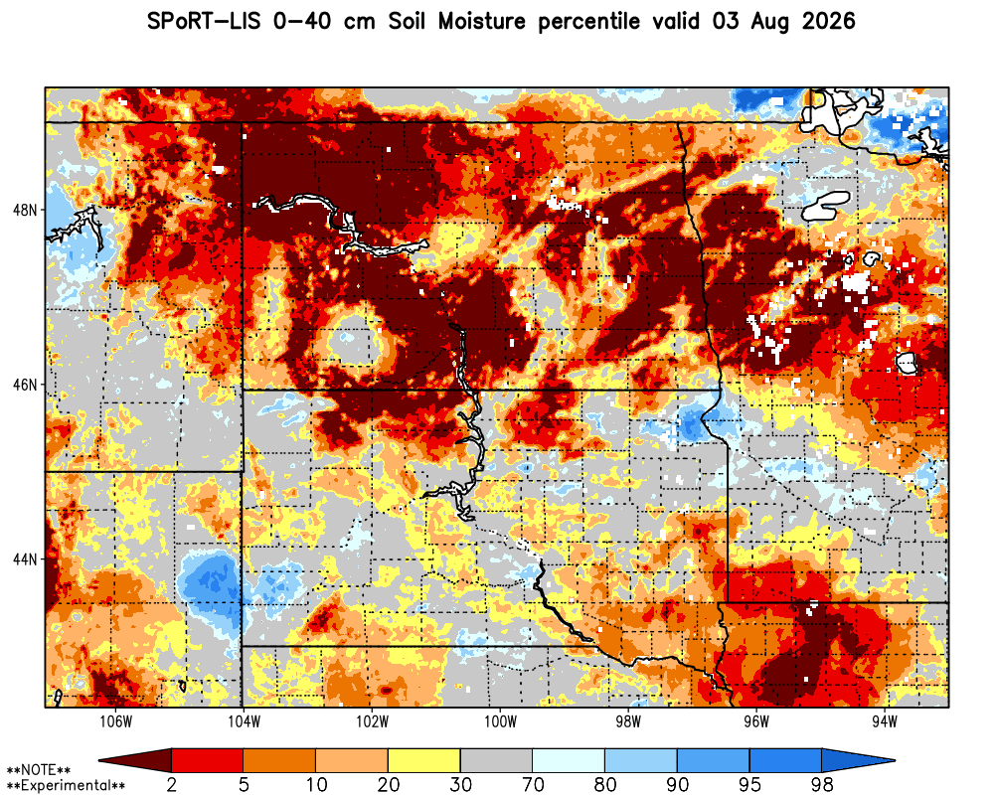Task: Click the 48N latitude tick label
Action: point(25,210)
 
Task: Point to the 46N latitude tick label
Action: point(25,385)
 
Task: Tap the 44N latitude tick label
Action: point(25,559)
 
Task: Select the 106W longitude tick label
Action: point(116,722)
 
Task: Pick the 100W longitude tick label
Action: point(500,722)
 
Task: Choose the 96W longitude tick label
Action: point(756,722)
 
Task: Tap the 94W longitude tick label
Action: point(885,722)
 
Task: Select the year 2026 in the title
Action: point(829,21)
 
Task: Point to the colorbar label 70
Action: point(533,784)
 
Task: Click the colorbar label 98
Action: point(822,784)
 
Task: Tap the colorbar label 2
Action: point(171,784)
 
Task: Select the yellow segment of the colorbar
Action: point(424,759)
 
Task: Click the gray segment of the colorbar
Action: point(496,759)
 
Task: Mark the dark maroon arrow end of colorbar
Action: point(135,759)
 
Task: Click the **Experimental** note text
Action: point(66,785)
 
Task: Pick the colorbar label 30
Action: point(460,784)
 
